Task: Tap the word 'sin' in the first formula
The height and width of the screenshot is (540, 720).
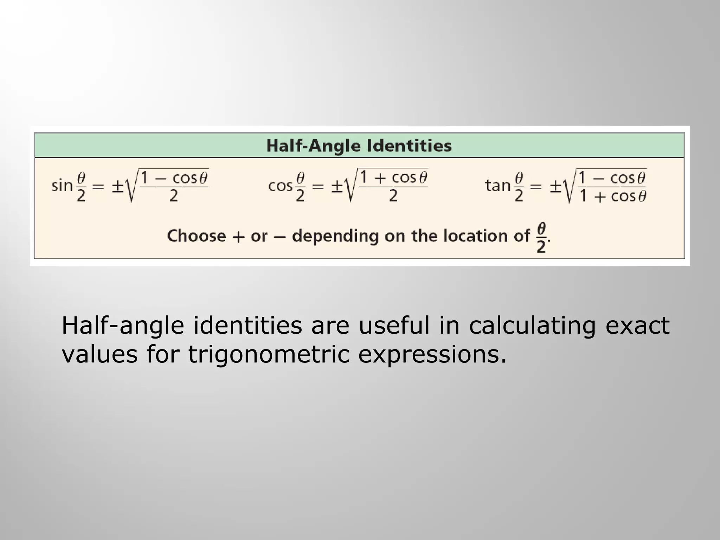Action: pyautogui.click(x=62, y=186)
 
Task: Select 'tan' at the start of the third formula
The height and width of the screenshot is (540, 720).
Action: pyautogui.click(x=497, y=186)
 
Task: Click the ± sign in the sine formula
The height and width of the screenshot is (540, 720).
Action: pyautogui.click(x=117, y=186)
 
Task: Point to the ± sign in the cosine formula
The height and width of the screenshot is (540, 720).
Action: pyautogui.click(x=337, y=186)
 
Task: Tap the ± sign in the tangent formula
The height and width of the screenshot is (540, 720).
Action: pyautogui.click(x=555, y=186)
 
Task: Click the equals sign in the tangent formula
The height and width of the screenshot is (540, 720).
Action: pyautogui.click(x=536, y=186)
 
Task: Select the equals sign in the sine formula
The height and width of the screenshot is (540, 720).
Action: pyautogui.click(x=98, y=186)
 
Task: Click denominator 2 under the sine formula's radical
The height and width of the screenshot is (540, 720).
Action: pyautogui.click(x=174, y=196)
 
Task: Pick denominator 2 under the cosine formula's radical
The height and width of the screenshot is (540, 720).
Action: pyautogui.click(x=393, y=196)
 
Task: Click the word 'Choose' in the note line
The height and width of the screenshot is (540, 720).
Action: pyautogui.click(x=196, y=236)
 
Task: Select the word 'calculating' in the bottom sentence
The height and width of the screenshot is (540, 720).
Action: pyautogui.click(x=532, y=326)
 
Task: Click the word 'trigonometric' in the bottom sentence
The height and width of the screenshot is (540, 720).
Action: pyautogui.click(x=269, y=354)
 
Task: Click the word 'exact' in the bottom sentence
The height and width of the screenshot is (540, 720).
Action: pyautogui.click(x=637, y=326)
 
